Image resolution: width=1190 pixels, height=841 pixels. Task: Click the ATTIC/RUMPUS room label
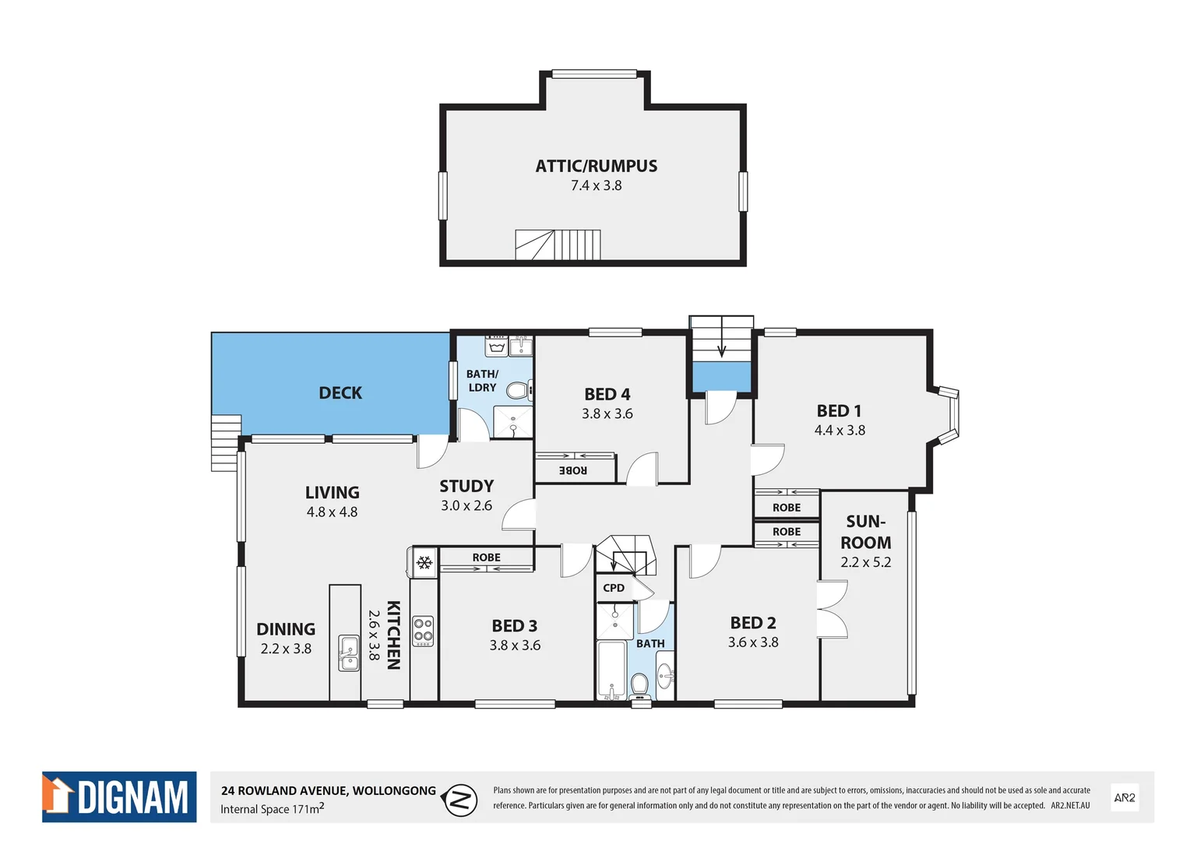coord(596,166)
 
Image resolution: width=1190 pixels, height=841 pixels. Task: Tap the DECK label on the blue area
coord(340,392)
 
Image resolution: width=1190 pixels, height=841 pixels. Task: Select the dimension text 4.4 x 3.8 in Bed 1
coord(840,431)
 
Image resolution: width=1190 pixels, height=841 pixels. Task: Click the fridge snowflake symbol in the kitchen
coord(424,562)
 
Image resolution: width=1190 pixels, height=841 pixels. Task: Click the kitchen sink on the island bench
coord(349,653)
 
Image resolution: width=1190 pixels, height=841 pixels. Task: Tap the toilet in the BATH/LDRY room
coord(518,389)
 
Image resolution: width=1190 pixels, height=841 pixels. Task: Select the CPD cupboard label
coord(614,588)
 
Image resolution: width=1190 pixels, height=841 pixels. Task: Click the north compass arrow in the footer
coord(460,800)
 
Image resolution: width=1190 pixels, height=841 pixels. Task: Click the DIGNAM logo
coord(119,797)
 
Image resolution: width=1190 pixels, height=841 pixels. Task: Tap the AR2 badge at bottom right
coord(1124,797)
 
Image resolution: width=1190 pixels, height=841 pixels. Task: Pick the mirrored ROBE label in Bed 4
coord(573,470)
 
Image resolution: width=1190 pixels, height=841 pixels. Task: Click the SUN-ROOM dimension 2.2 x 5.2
coord(865,562)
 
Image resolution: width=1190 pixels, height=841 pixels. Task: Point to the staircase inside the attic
coord(558,245)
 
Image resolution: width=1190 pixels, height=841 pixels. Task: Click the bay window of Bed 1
coord(949,417)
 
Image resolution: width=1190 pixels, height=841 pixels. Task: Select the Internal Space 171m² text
coord(272,809)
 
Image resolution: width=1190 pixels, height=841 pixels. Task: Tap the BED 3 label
coord(514,626)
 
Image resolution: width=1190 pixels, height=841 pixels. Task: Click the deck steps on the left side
coord(226,442)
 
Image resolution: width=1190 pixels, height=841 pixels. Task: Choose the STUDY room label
coord(466,486)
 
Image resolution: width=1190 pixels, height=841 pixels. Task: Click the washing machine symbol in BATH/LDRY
coord(496,346)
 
